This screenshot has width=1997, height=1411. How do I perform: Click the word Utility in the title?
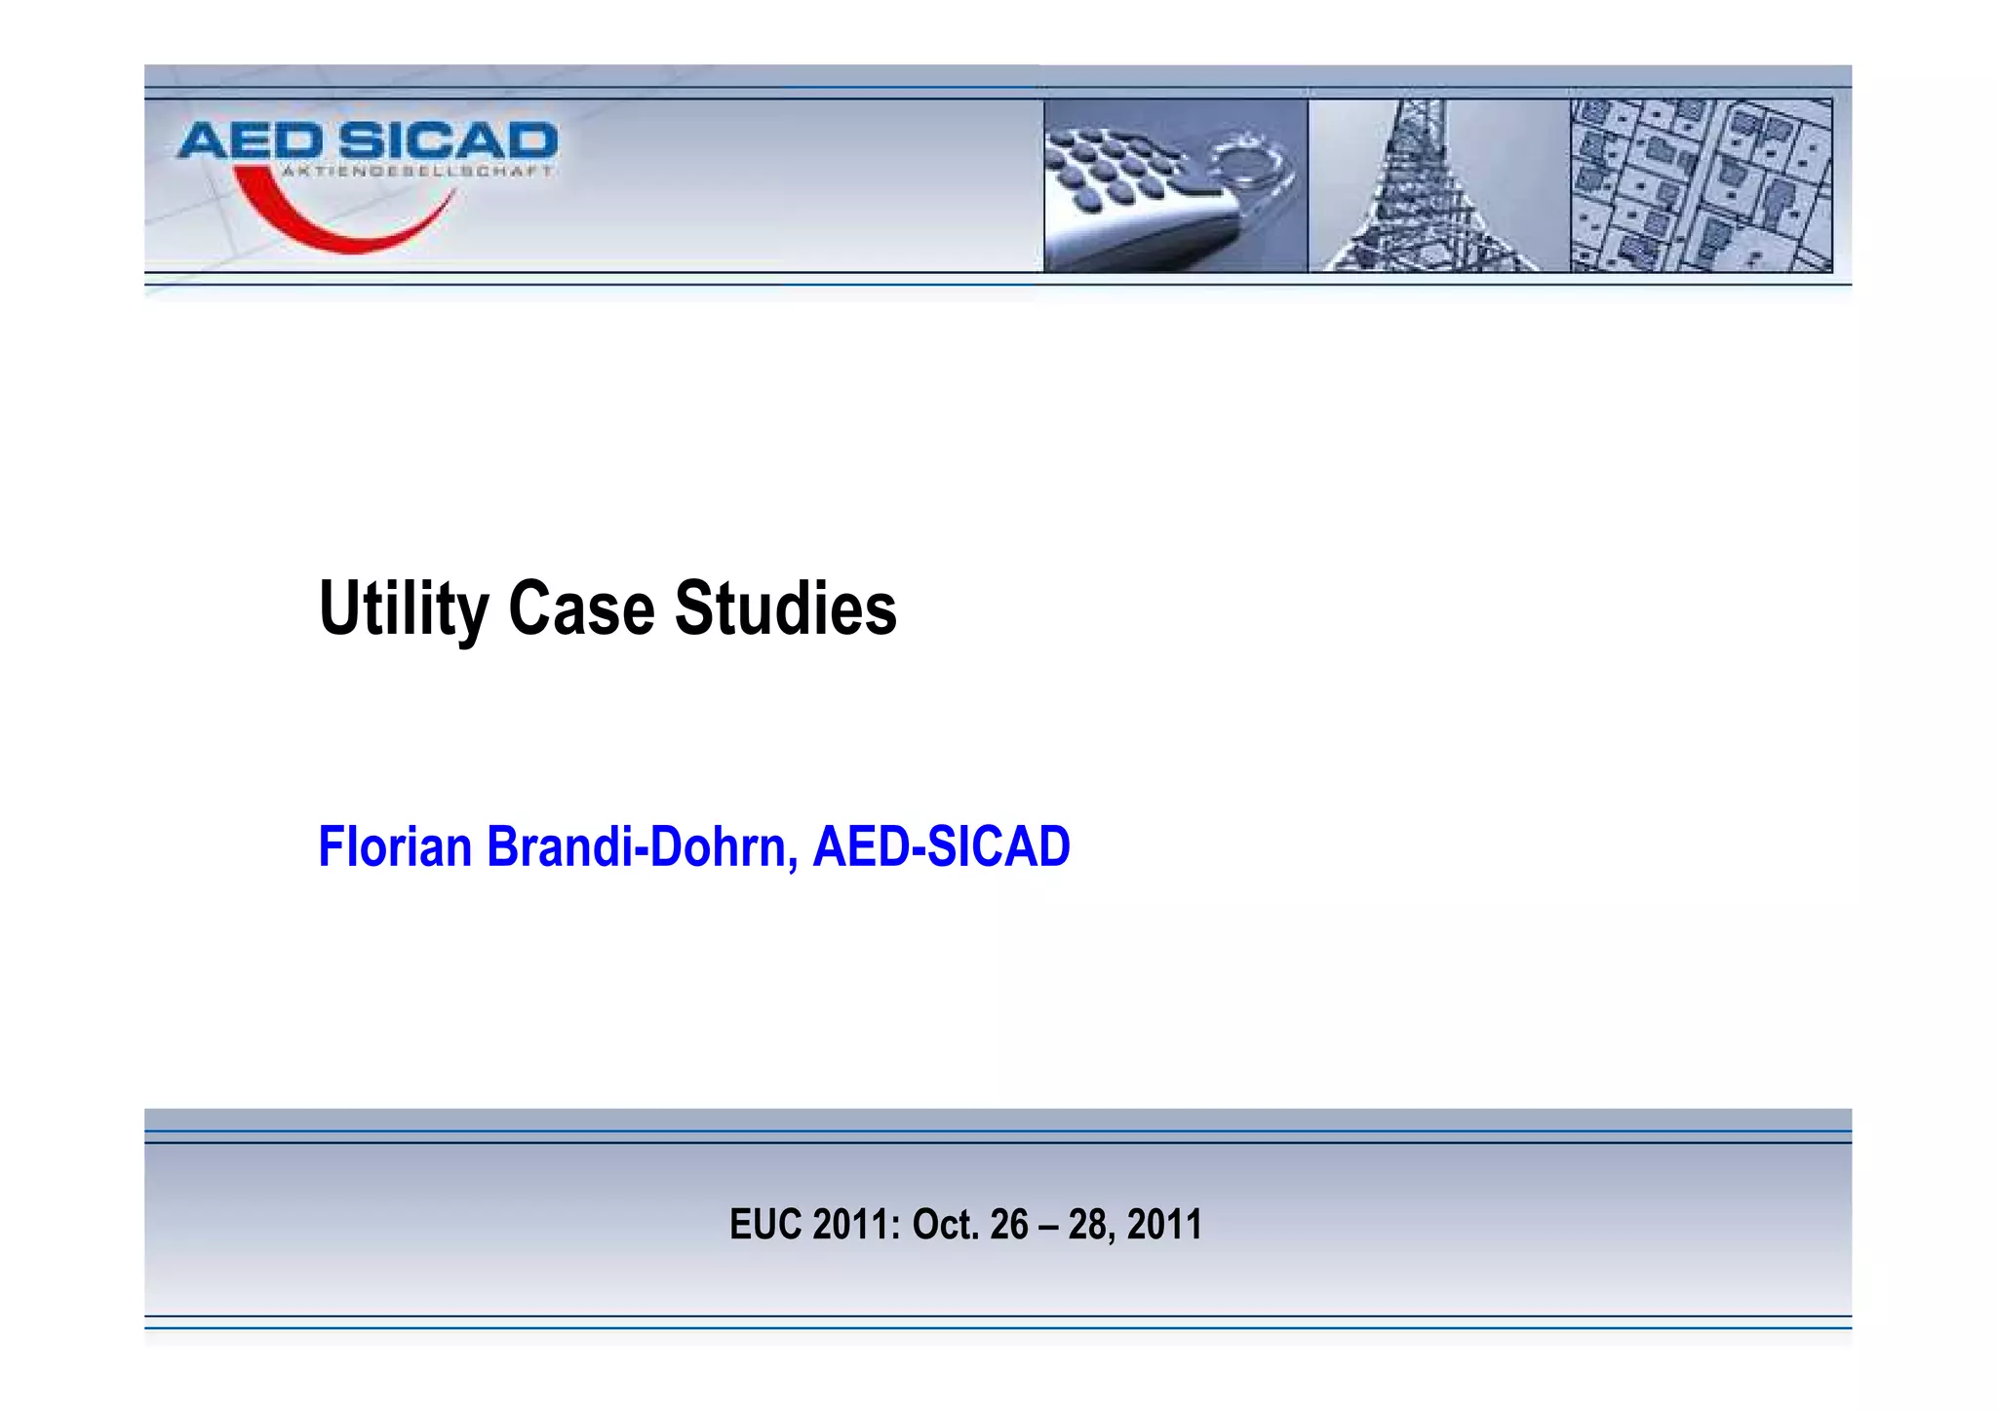pyautogui.click(x=403, y=609)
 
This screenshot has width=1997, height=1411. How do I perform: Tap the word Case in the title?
pyautogui.click(x=581, y=609)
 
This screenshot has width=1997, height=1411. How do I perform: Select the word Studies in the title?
pyautogui.click(x=785, y=609)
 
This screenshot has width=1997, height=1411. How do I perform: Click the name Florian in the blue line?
pyautogui.click(x=395, y=846)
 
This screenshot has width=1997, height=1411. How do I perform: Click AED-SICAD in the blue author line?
pyautogui.click(x=941, y=846)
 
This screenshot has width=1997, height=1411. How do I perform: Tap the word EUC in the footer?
pyautogui.click(x=766, y=1225)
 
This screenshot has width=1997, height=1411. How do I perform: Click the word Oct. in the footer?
pyautogui.click(x=945, y=1225)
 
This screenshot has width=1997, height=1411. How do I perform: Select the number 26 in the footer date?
pyautogui.click(x=1009, y=1225)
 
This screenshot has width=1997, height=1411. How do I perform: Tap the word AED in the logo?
pyautogui.click(x=251, y=142)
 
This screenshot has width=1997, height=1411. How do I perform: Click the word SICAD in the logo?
pyautogui.click(x=449, y=142)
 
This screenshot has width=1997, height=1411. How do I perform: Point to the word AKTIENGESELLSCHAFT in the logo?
pyautogui.click(x=417, y=172)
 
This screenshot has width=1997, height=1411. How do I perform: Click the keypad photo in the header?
pyautogui.click(x=1175, y=185)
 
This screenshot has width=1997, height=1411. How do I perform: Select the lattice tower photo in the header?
pyautogui.click(x=1438, y=185)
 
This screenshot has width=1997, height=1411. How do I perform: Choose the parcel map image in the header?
pyautogui.click(x=1702, y=185)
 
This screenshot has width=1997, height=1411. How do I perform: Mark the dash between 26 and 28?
pyautogui.click(x=1048, y=1226)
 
